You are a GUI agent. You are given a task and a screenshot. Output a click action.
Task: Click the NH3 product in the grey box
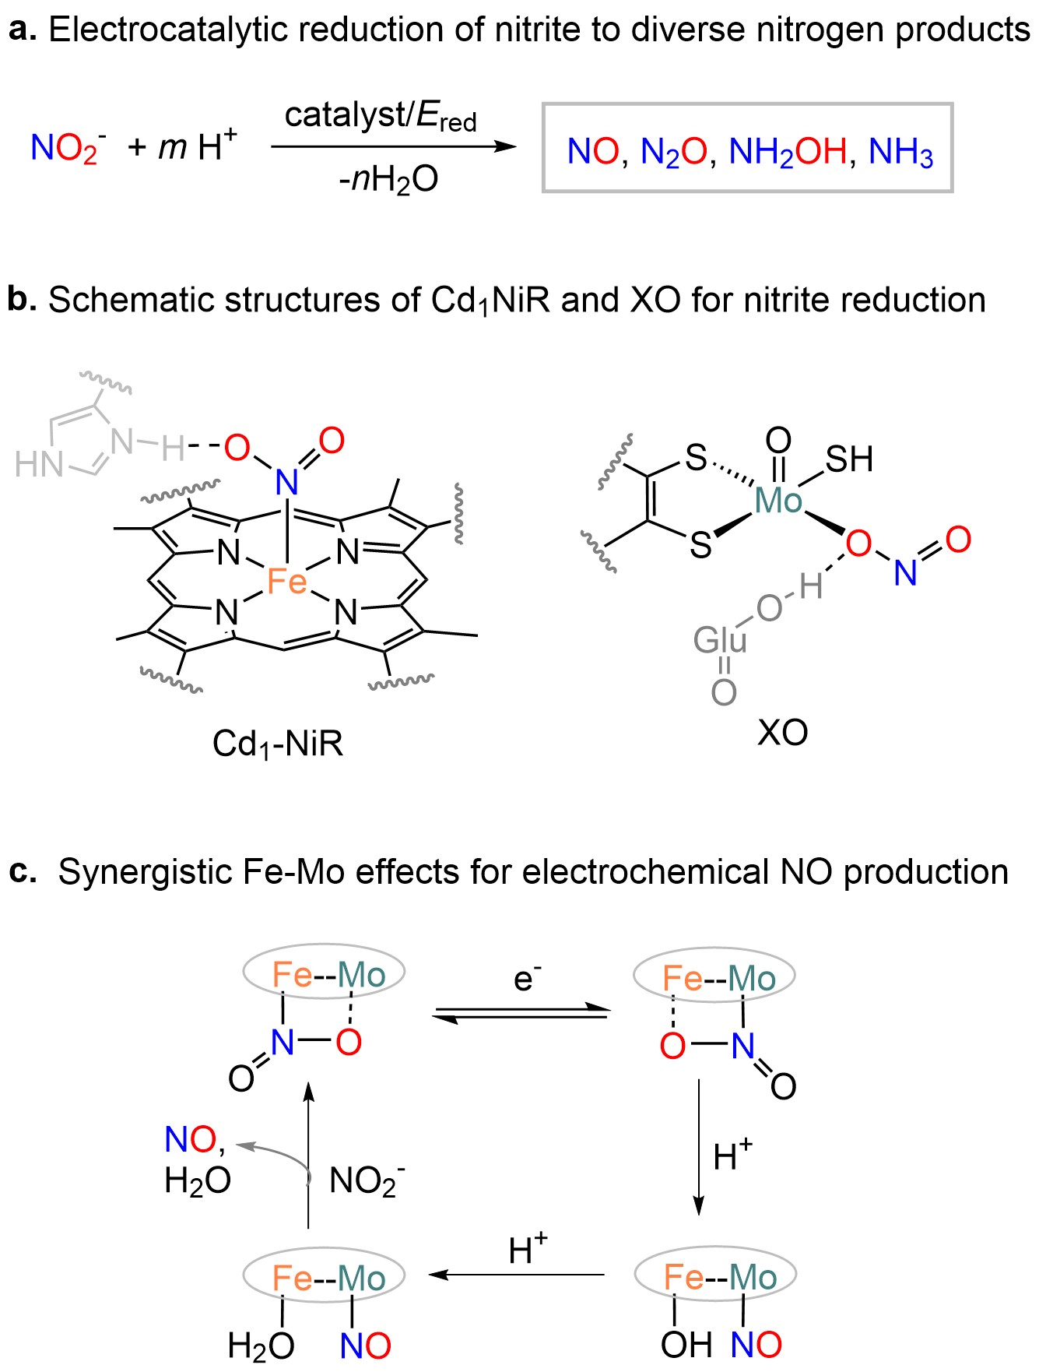(900, 152)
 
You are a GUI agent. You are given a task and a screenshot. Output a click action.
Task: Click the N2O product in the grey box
(672, 152)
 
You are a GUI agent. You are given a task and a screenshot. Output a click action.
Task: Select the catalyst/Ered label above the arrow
(380, 117)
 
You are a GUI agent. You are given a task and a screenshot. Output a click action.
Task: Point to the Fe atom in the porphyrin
(286, 582)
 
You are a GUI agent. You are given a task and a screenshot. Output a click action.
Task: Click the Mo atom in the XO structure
(778, 501)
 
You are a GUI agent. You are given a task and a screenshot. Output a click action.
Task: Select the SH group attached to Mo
(849, 459)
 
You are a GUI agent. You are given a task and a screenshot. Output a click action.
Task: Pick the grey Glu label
(720, 641)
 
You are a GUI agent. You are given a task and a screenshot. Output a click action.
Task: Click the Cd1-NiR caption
(278, 744)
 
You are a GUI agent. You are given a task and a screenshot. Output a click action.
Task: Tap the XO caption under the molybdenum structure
(783, 733)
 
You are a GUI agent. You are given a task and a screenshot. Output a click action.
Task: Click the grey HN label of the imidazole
(39, 465)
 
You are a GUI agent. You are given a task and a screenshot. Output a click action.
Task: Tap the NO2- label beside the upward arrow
(366, 1181)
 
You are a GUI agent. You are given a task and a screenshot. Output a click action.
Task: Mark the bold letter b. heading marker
(22, 299)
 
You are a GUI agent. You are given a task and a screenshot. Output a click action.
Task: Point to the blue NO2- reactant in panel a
(68, 148)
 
